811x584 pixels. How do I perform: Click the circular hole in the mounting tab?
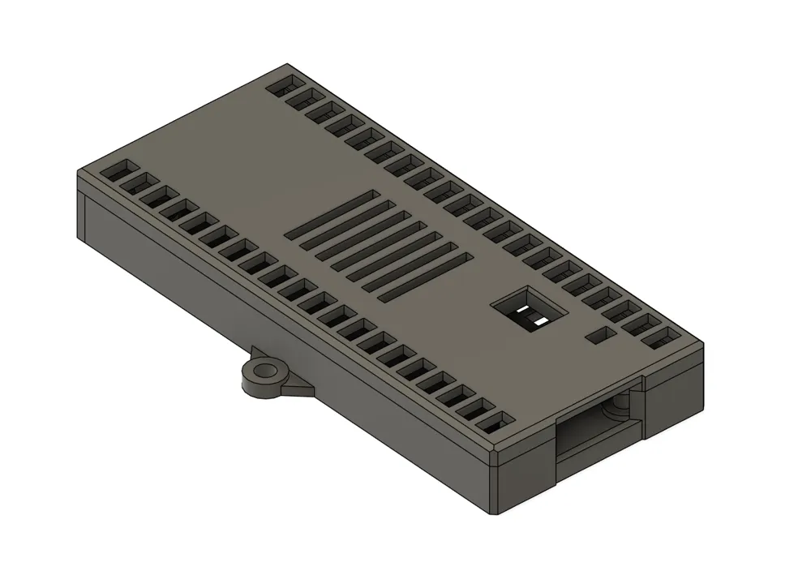coord(264,375)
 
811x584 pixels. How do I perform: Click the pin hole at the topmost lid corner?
coord(285,84)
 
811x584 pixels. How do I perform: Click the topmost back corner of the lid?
coord(290,64)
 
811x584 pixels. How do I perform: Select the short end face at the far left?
coord(82,213)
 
